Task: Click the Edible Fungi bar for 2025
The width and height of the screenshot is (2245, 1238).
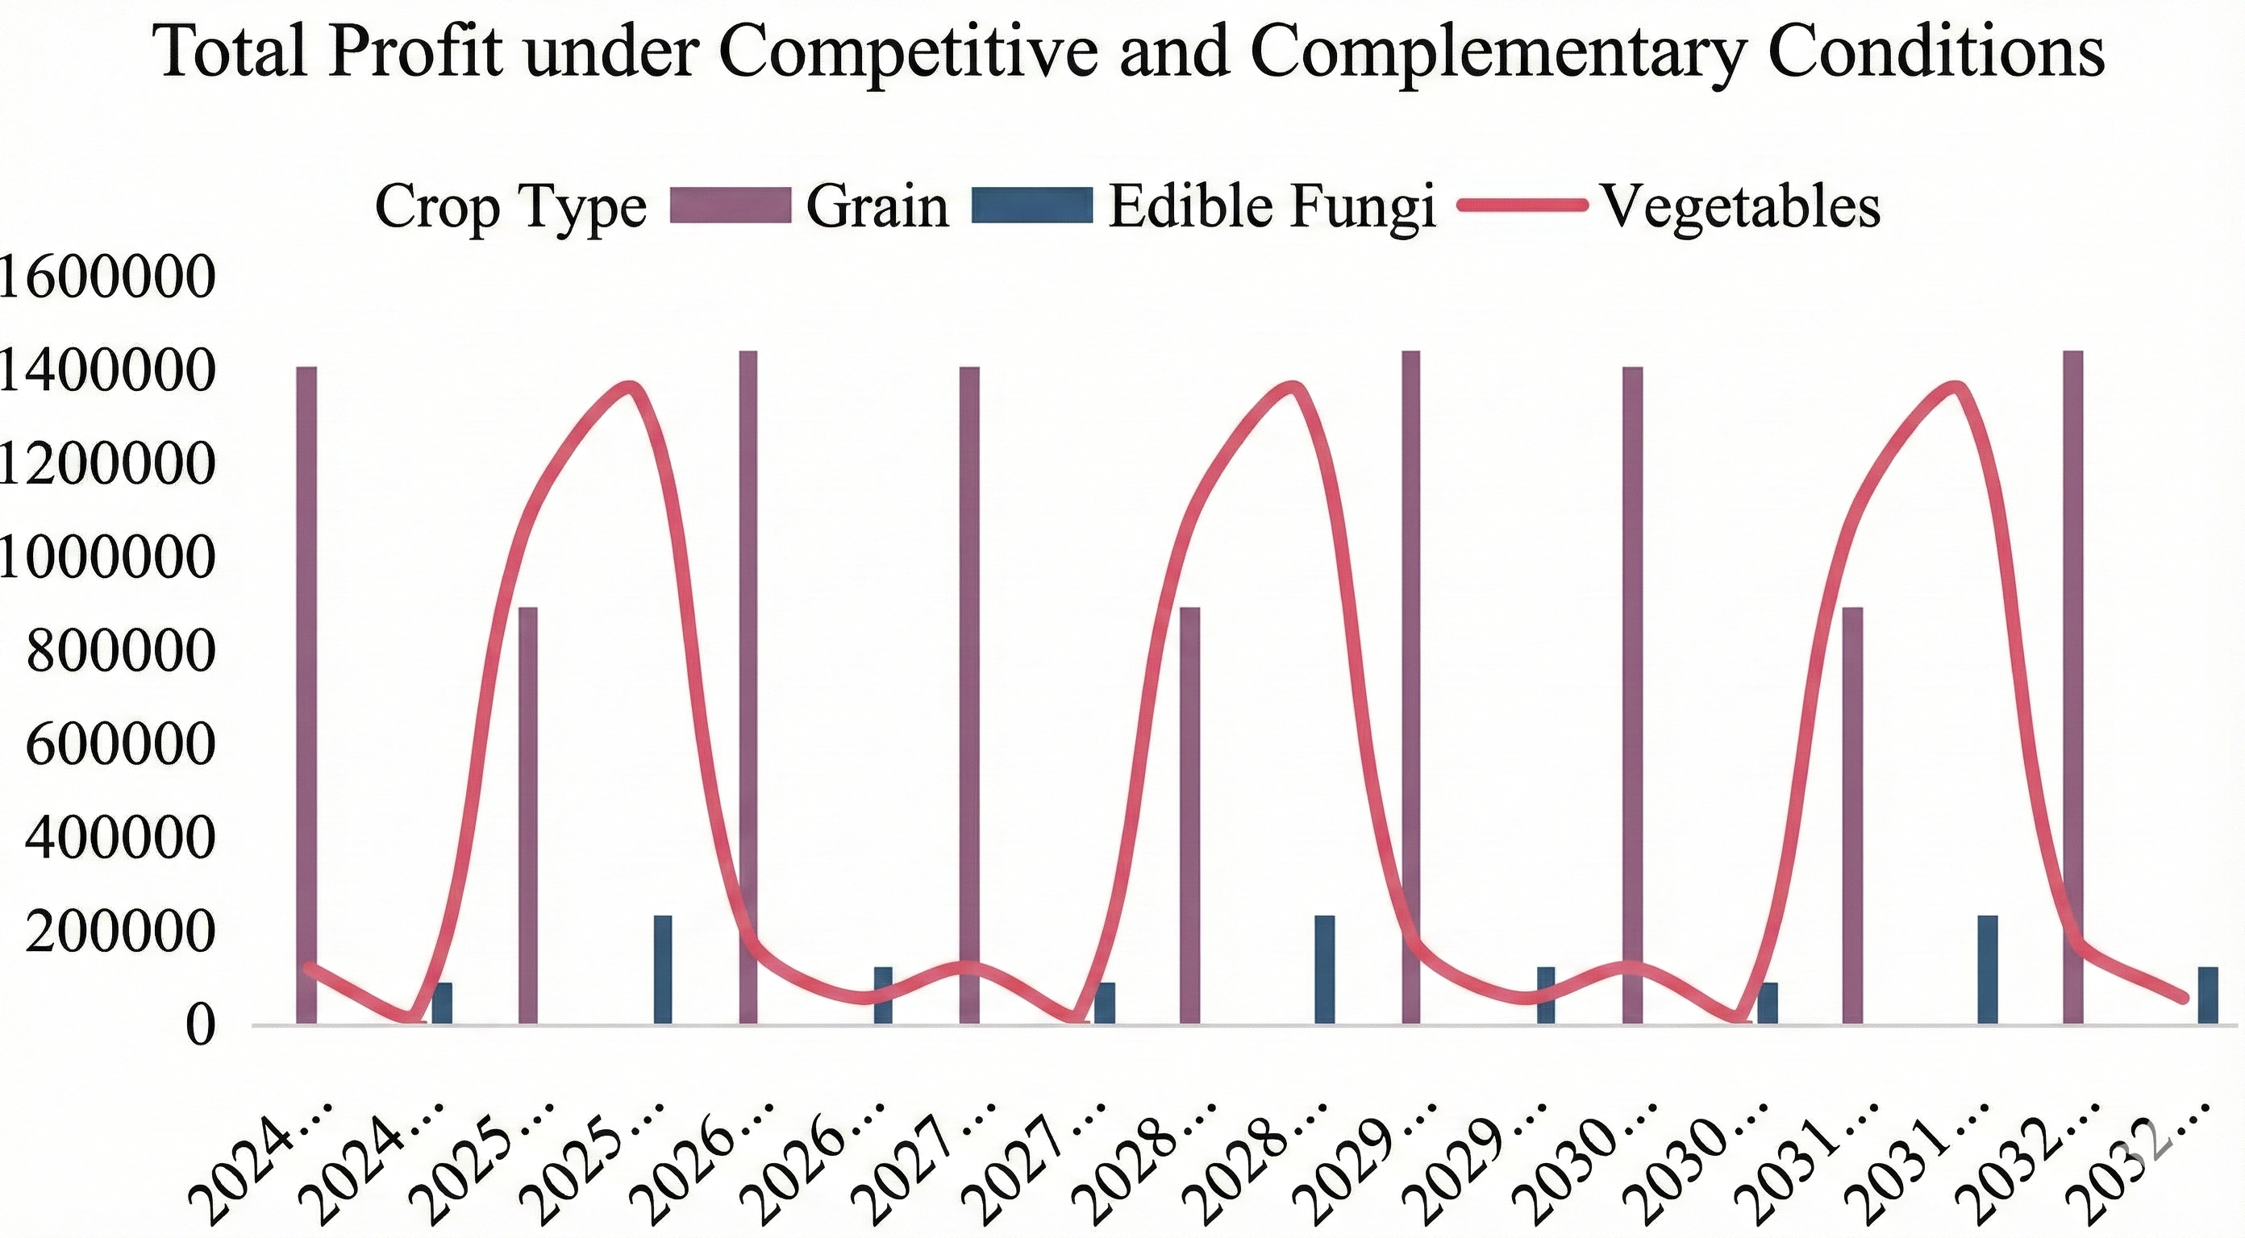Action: coord(663,969)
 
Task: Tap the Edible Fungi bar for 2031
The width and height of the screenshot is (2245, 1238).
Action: coord(1988,969)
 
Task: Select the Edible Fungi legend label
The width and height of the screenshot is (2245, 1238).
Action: coord(1272,207)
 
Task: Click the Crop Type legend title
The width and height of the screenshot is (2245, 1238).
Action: coord(510,207)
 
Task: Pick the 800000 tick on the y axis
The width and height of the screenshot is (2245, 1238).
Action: coord(120,650)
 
